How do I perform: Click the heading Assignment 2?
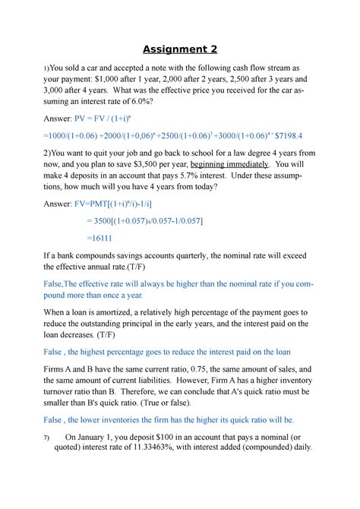click(179, 49)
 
